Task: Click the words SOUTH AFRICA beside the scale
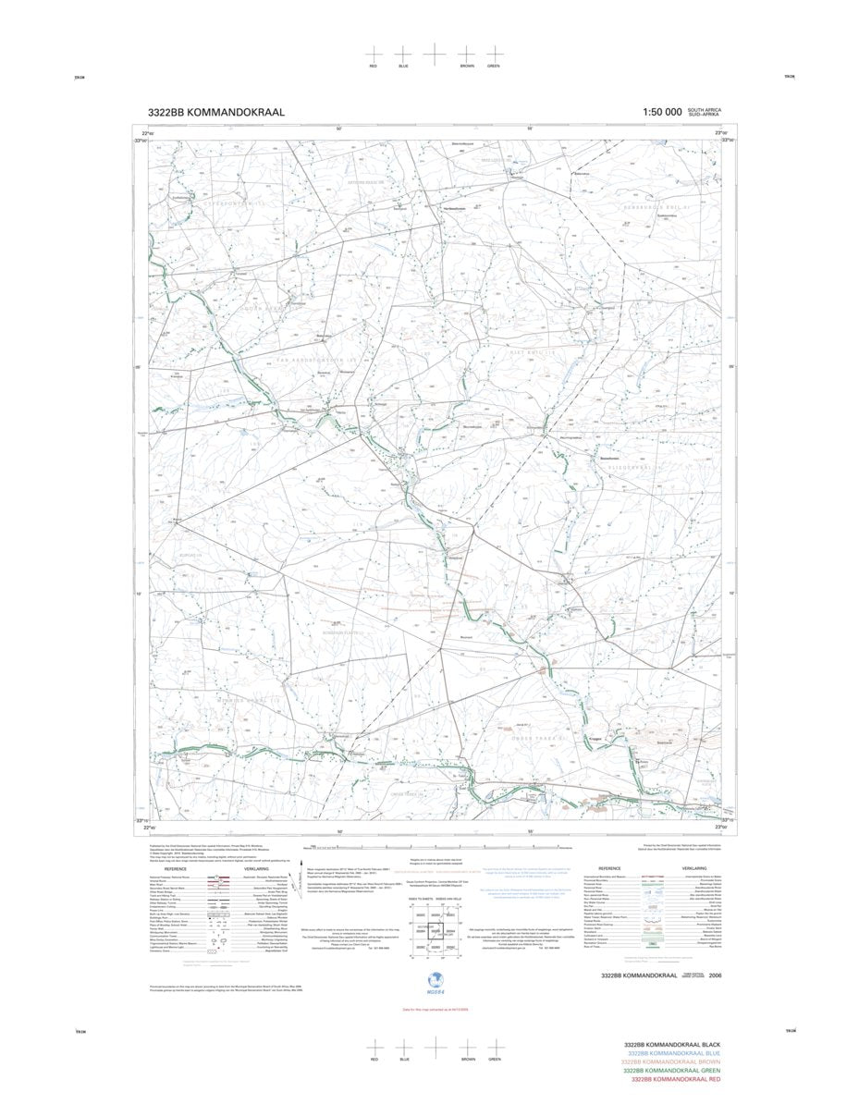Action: tap(704, 110)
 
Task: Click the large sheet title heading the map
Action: tap(215, 112)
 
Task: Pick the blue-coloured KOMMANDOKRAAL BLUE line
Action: tap(673, 1053)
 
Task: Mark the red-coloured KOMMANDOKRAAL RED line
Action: tap(675, 1080)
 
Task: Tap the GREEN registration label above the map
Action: tap(495, 67)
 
